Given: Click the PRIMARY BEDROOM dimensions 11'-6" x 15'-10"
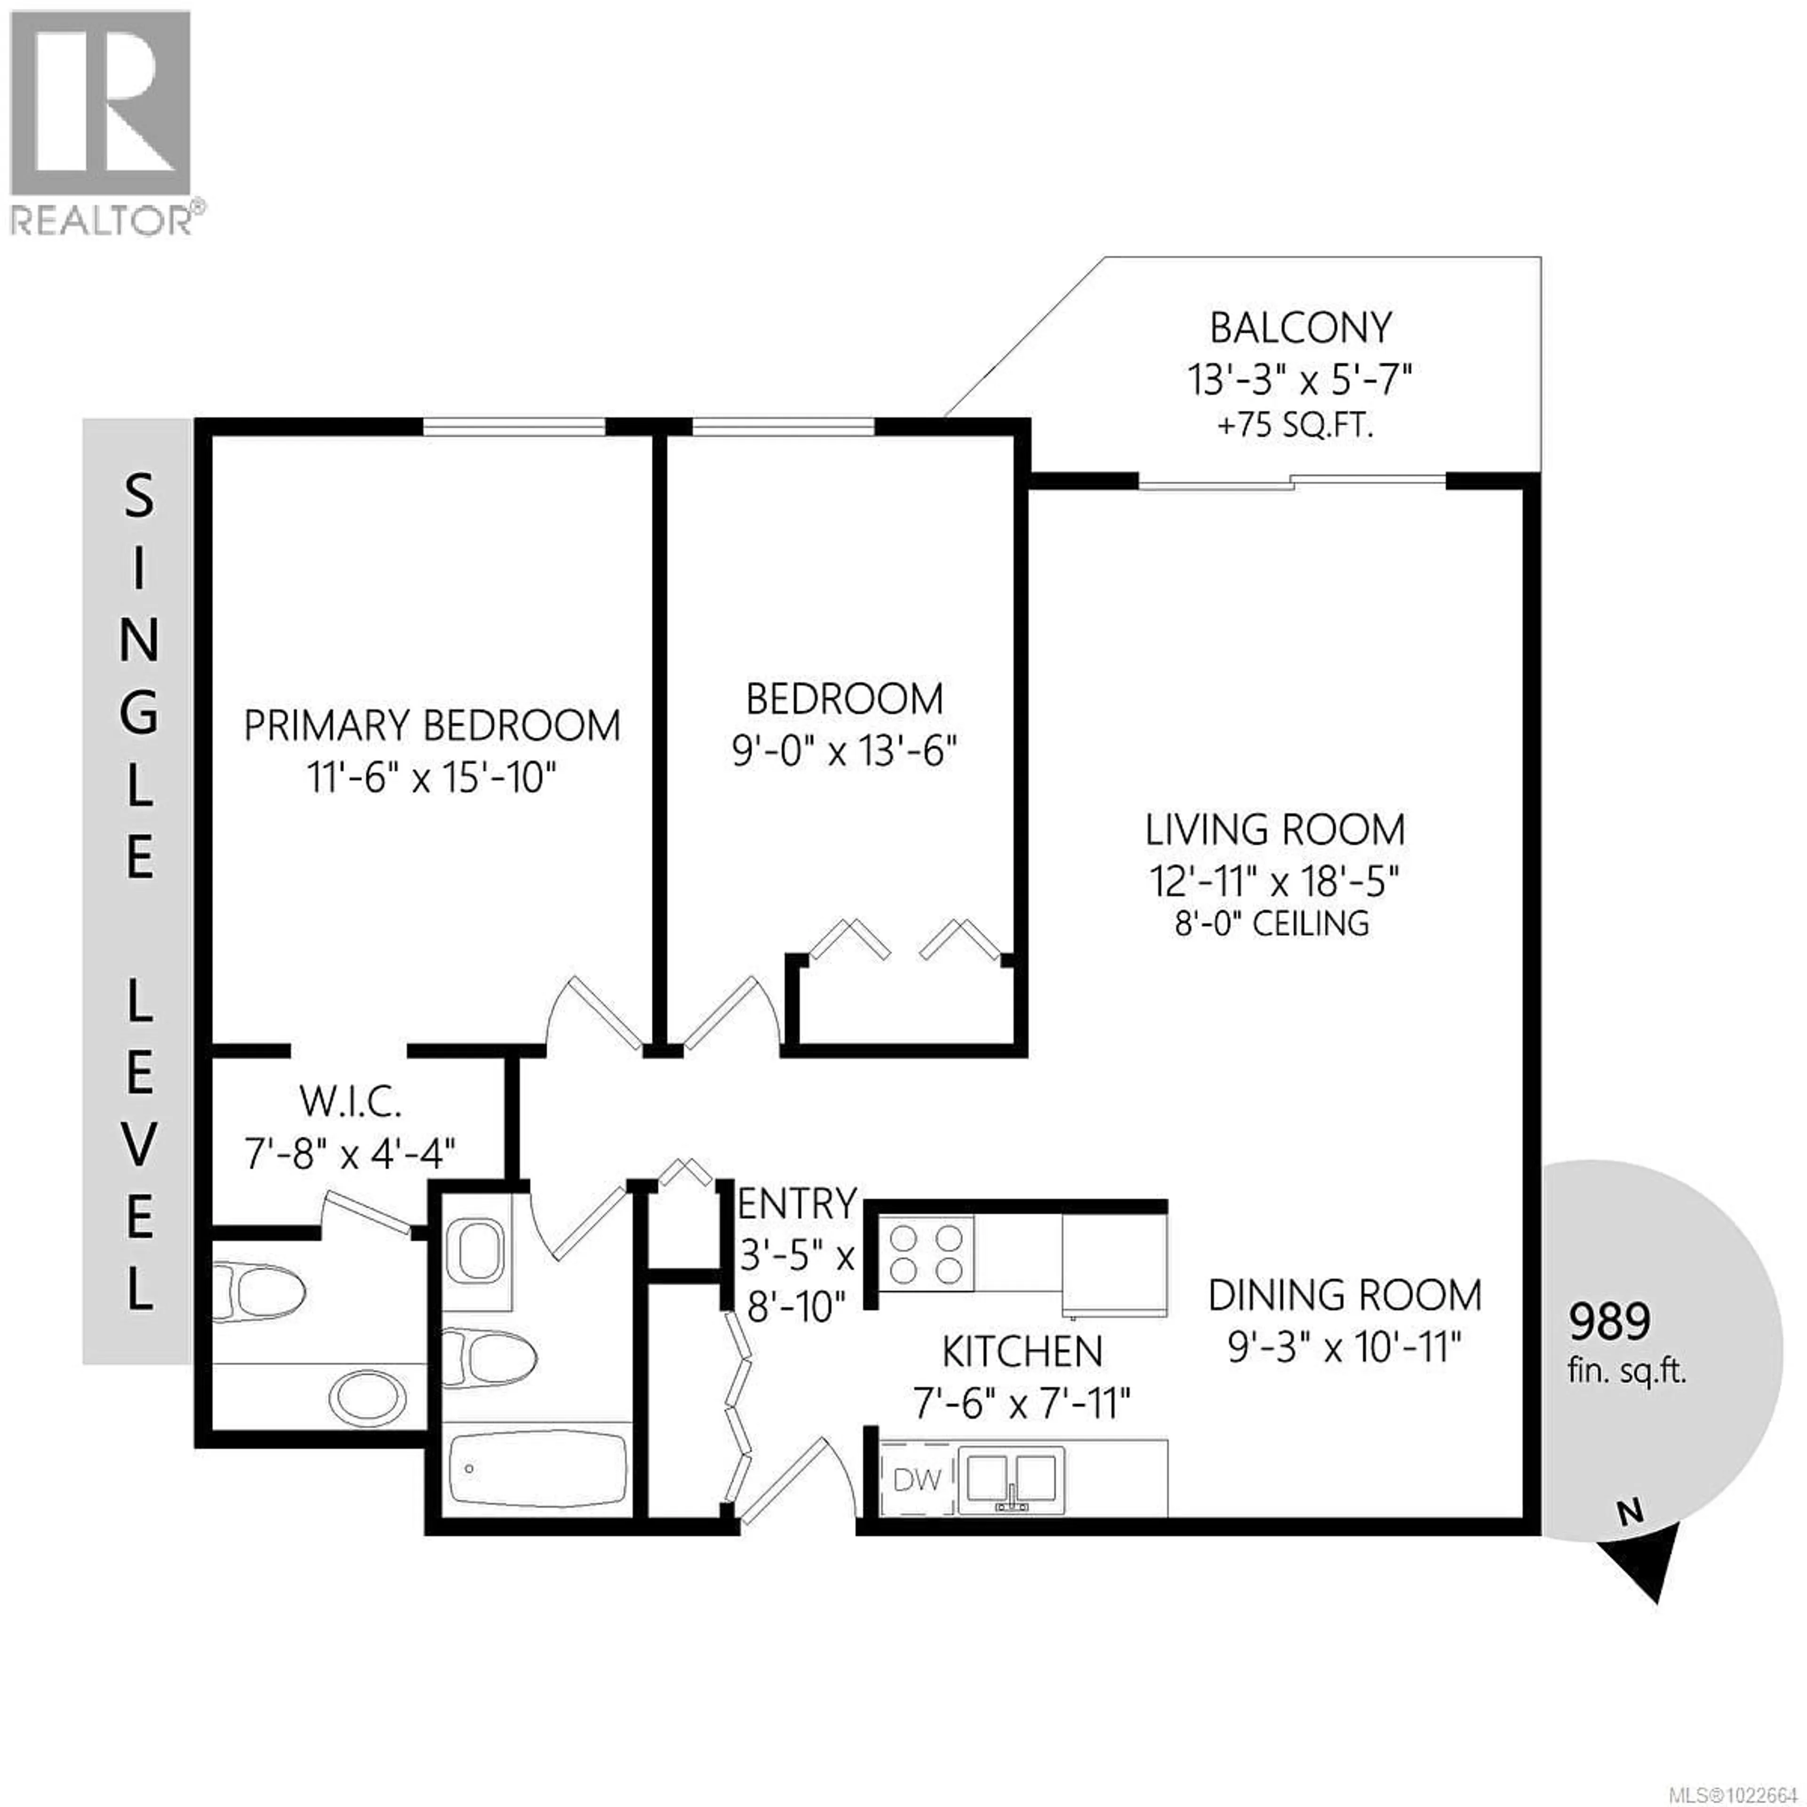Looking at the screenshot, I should pos(432,777).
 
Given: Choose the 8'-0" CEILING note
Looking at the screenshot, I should pos(1272,924).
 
